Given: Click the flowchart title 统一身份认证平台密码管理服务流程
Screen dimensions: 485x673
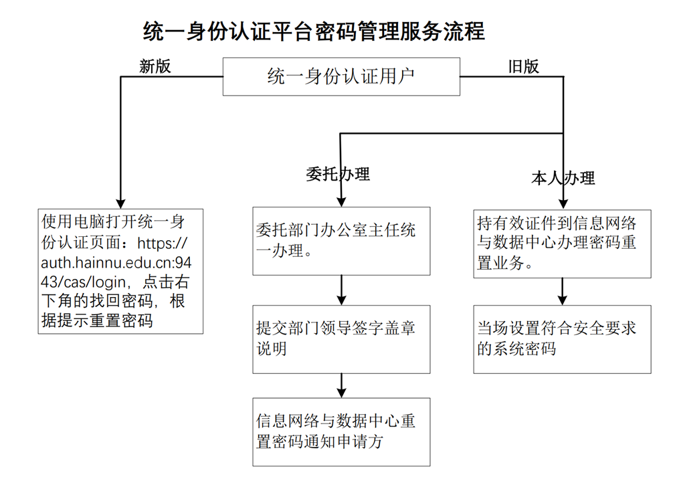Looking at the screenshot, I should pos(314,31).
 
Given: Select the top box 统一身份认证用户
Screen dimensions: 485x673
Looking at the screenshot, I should pos(341,76).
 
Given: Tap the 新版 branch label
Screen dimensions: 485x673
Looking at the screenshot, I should pos(155,66).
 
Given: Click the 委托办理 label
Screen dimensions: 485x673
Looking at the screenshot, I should pos(337,175).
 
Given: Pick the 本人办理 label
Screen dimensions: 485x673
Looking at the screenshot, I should pos(563,178).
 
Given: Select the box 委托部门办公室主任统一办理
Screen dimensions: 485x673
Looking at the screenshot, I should pos(341,241).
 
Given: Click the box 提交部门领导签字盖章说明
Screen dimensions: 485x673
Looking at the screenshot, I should pos(341,339).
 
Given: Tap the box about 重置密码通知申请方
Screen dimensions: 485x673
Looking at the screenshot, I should pos(341,431).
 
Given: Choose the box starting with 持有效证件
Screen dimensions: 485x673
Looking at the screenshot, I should pos(562,242).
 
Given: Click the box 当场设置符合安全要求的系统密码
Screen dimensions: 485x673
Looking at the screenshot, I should pos(562,339).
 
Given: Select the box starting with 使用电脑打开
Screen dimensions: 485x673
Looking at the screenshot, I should pos(121,271).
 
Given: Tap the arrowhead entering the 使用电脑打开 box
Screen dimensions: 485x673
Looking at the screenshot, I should pos(121,201).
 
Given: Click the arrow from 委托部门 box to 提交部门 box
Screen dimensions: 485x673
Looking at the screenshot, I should pos(342,290).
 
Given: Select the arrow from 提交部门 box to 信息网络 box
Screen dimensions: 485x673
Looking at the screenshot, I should pos(342,385).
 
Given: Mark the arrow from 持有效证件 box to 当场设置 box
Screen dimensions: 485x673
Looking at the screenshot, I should pos(563,292).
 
